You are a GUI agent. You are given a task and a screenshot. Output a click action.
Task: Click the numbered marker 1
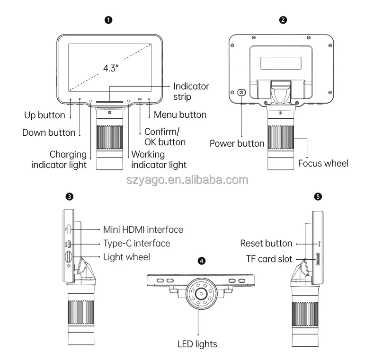108,20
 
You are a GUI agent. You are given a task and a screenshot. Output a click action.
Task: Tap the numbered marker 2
283,20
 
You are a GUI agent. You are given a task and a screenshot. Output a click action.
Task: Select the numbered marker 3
70,197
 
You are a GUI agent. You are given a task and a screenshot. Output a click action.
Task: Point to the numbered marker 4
202,261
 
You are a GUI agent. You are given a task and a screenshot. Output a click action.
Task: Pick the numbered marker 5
318,197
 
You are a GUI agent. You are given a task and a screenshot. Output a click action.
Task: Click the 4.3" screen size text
111,68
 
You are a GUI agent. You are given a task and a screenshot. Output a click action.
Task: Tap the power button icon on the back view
241,92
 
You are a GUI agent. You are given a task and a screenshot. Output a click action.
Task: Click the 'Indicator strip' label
191,92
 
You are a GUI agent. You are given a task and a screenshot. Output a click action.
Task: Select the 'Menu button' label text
180,114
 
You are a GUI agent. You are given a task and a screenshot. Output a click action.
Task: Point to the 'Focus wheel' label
323,163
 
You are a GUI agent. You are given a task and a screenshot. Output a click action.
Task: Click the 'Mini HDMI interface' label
143,229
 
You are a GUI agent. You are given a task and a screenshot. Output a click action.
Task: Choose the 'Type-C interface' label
137,244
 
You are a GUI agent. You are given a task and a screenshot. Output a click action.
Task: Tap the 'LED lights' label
197,344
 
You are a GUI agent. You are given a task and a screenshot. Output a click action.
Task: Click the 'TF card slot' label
269,259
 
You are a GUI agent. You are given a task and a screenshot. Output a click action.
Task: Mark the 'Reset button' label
266,244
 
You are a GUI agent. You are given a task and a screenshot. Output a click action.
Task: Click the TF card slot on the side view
318,259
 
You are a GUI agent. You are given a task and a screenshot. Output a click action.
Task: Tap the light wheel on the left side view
69,256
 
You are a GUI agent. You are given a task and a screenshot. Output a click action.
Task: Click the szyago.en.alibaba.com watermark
187,180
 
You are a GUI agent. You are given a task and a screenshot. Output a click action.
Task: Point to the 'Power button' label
237,143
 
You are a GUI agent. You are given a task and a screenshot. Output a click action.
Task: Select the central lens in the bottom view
202,294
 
